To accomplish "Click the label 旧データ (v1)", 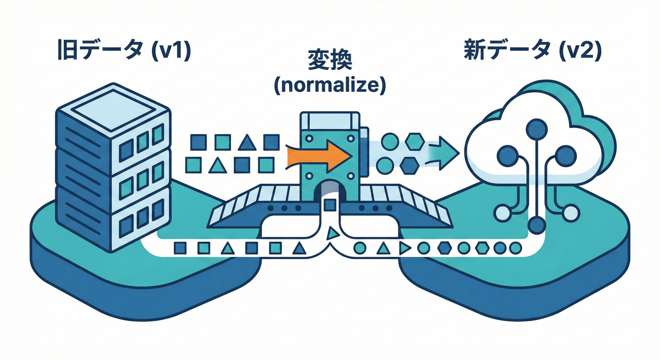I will pos(124,51).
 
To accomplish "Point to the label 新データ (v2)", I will pos(532,51).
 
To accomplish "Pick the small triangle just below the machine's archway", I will pos(332,232).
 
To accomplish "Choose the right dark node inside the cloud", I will pos(565,155).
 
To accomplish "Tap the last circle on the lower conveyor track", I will pos(515,247).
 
